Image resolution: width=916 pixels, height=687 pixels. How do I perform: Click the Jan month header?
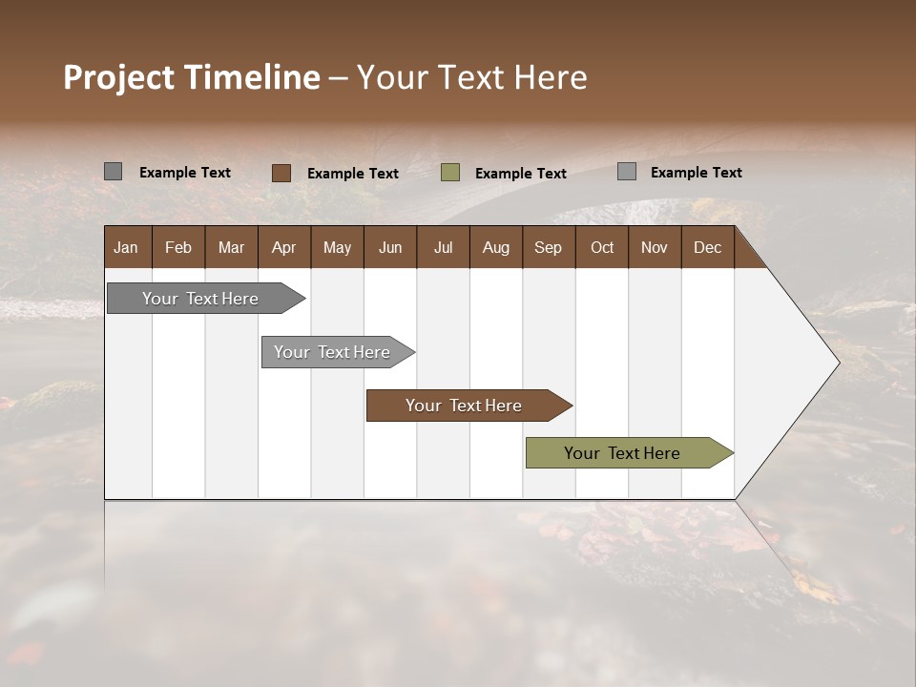point(126,247)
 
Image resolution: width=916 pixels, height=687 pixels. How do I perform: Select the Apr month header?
point(283,247)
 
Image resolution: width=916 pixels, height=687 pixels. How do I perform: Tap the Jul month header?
point(443,247)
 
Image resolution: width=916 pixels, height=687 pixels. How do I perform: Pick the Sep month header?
point(548,247)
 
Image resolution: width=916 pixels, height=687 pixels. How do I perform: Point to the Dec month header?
point(707,247)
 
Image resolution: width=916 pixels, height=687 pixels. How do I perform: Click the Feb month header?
point(178,247)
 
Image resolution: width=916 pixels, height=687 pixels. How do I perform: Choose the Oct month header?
point(602,247)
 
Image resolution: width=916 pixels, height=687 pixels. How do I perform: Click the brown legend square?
point(281,173)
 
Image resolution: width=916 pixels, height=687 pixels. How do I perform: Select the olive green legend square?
point(450,173)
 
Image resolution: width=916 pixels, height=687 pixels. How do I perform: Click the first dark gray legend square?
point(113,172)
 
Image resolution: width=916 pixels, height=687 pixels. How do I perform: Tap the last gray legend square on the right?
point(627,172)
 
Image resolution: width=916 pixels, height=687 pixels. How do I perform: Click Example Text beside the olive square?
point(520,174)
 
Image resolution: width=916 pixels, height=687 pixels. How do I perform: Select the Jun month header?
point(390,247)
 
